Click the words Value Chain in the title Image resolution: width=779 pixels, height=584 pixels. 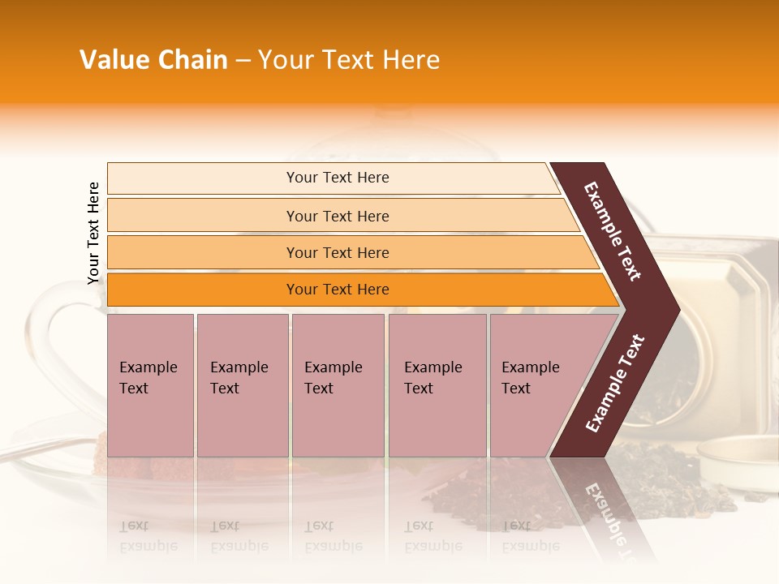tap(153, 60)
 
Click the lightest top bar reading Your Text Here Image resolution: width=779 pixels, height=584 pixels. tap(338, 178)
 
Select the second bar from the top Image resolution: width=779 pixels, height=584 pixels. tap(338, 216)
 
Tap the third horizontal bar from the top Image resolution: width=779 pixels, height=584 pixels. tap(338, 252)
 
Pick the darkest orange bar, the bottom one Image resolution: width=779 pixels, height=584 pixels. tap(338, 290)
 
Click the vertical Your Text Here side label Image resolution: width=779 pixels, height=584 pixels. tap(94, 233)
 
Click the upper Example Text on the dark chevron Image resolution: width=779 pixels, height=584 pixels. tap(613, 231)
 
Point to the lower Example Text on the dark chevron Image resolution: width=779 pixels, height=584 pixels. tap(615, 384)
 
